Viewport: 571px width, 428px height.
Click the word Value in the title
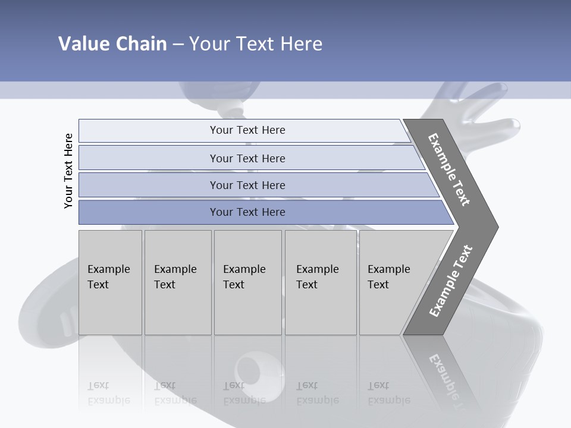[83, 44]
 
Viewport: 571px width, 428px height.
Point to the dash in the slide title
[178, 45]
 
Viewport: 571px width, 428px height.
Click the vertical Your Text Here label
[68, 171]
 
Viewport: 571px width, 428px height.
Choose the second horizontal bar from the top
[247, 158]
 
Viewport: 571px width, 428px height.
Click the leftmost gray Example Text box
[110, 282]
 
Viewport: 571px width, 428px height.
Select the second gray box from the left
[178, 282]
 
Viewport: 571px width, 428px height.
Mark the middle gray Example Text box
[247, 282]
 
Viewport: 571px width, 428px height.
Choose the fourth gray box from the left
[321, 282]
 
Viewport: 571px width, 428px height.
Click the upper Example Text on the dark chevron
[449, 169]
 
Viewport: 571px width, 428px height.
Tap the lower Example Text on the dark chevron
[450, 281]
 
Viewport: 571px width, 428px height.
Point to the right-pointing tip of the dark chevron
[495, 227]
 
